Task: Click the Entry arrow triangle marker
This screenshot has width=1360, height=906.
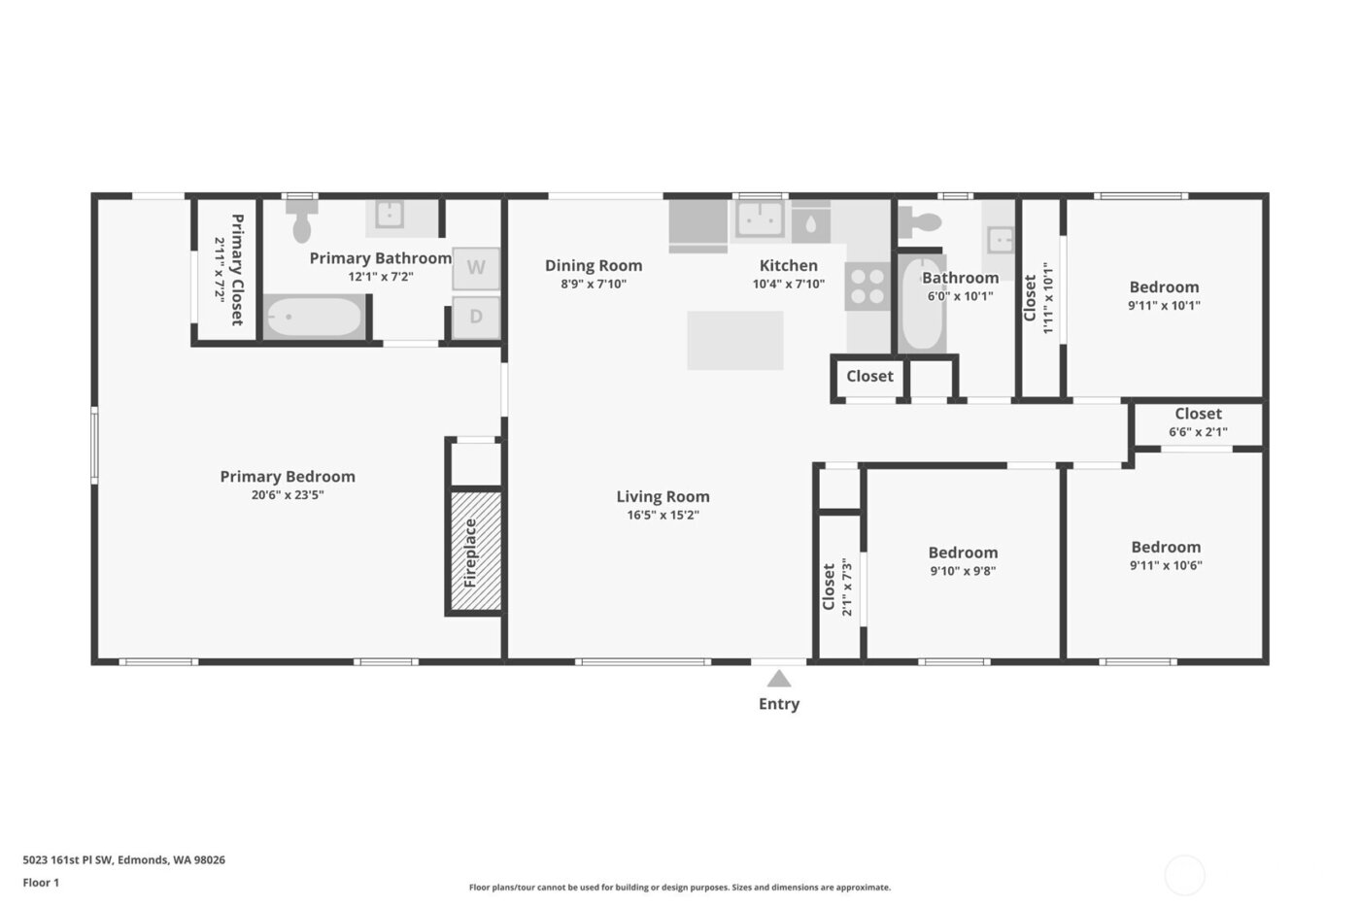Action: [778, 678]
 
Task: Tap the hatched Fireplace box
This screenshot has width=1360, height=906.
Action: [475, 552]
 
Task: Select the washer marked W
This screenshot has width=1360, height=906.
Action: [476, 268]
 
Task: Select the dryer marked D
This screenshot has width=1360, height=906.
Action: [476, 317]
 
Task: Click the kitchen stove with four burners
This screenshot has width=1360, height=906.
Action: [867, 285]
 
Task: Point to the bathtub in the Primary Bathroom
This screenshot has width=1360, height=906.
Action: [314, 318]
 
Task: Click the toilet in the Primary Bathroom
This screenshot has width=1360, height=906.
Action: [302, 223]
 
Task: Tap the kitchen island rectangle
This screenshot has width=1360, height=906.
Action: [735, 340]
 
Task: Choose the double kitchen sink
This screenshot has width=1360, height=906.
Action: [760, 220]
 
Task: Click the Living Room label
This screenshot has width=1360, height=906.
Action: [663, 496]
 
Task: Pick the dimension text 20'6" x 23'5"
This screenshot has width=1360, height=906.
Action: [288, 495]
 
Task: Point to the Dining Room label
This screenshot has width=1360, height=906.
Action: [593, 265]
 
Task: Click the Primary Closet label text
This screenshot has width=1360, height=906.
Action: [236, 269]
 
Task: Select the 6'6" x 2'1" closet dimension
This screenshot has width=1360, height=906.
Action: [1198, 432]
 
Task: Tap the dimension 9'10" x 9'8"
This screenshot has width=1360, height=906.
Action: [963, 571]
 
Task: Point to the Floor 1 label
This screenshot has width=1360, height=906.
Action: [41, 883]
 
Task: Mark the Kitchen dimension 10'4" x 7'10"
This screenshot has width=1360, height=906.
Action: [788, 285]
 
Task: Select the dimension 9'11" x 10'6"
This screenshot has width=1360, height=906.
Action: [1166, 565]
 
